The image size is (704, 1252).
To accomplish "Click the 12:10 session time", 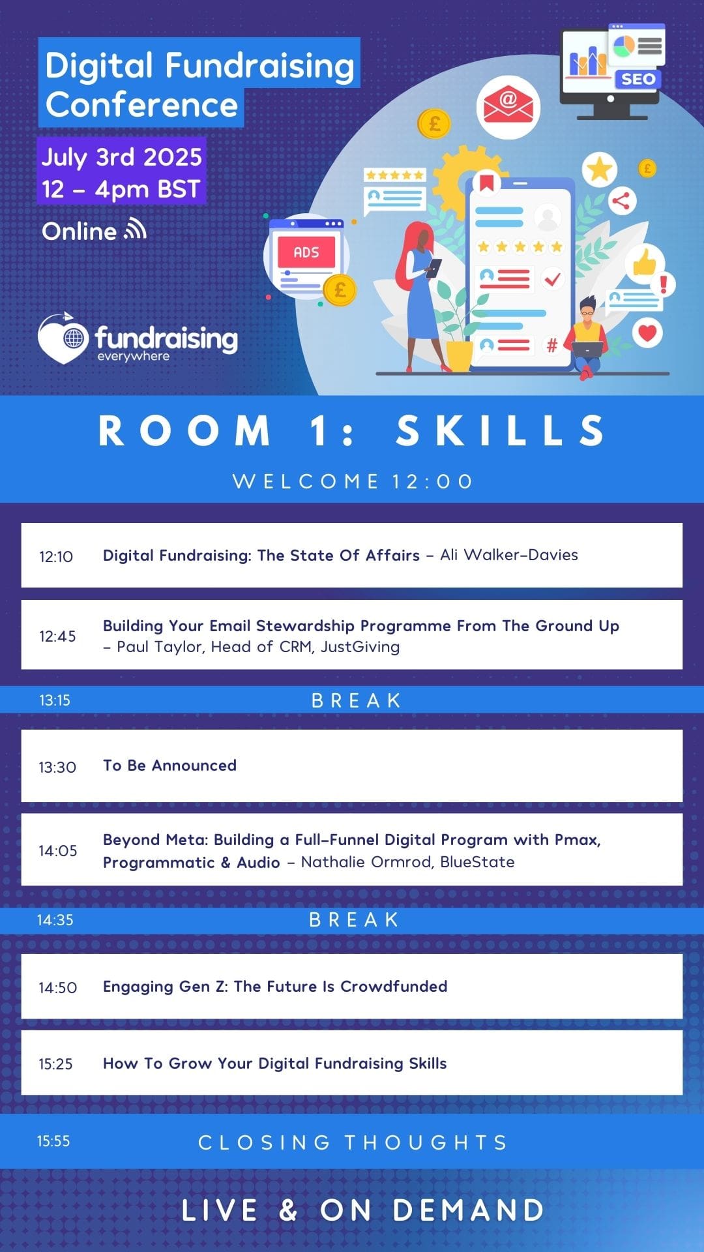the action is pos(56,556).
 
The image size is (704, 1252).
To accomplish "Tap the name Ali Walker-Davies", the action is pos(509,555).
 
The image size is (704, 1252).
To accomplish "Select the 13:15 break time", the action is pos(55,700).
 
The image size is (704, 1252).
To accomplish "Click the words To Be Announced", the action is pos(169,766).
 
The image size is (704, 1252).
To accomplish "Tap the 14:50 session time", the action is pos(57,987).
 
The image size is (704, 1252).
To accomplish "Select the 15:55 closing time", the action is pos(53,1141).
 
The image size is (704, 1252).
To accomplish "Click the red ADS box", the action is pos(306,252).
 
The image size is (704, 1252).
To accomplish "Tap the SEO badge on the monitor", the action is pos(638,80).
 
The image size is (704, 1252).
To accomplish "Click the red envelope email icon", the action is pos(508,106).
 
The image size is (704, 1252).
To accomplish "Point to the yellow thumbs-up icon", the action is pos(645,262).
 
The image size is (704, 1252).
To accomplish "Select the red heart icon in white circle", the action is pos(647,333).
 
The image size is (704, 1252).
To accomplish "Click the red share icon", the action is pos(621,201).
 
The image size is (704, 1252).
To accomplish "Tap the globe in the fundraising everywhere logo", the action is pos(74,338).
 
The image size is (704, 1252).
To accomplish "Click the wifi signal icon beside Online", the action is pos(136,230).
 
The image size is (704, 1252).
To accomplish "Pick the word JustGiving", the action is pos(360,647).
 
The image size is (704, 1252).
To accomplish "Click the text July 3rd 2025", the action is pos(122,157).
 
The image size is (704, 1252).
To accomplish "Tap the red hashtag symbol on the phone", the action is pos(551,346).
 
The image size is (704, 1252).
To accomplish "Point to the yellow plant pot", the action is pos(460,356).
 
